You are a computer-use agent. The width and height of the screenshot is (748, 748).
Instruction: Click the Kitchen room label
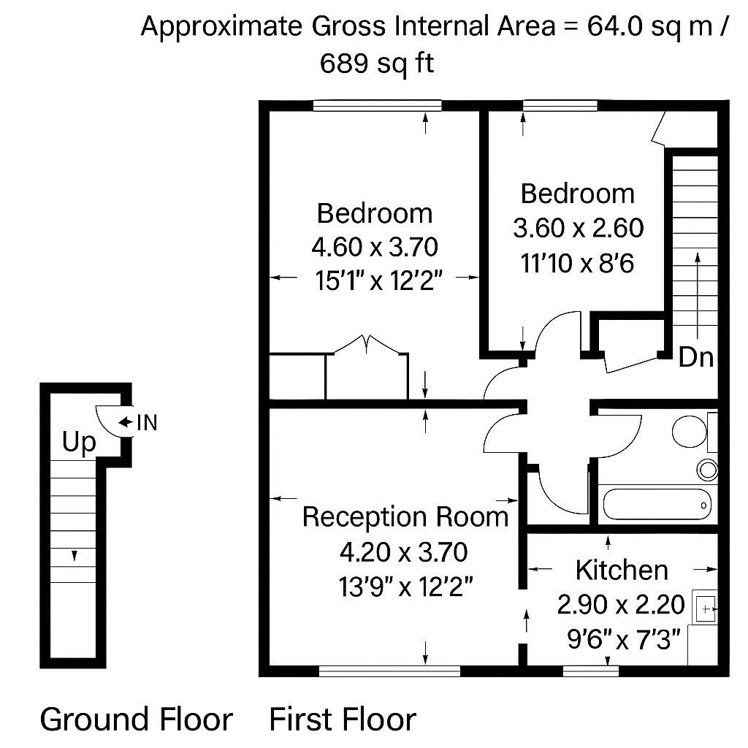point(621,570)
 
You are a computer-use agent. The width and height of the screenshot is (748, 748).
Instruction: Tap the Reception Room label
point(405,517)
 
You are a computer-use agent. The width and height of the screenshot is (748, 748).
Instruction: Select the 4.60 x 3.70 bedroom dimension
point(375,247)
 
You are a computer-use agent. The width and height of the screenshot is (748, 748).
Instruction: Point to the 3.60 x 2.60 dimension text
point(578,229)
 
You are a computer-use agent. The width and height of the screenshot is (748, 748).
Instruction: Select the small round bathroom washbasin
point(707,469)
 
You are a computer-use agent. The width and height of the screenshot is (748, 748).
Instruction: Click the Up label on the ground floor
point(79,443)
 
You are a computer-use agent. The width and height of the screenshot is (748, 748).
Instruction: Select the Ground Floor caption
point(136,719)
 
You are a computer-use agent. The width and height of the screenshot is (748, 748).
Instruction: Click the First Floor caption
point(343,719)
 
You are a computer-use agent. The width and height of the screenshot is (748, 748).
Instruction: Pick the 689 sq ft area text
point(377,64)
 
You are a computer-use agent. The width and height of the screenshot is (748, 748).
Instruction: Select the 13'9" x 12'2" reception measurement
point(403,586)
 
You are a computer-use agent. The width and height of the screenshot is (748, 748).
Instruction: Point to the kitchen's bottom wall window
point(590,669)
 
